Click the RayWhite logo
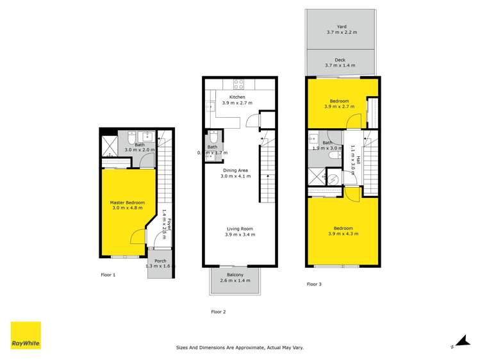coord(26,335)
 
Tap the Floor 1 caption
coord(108,275)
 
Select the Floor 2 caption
coord(219,312)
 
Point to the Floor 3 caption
coord(314,284)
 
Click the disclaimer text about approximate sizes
coord(240,348)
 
